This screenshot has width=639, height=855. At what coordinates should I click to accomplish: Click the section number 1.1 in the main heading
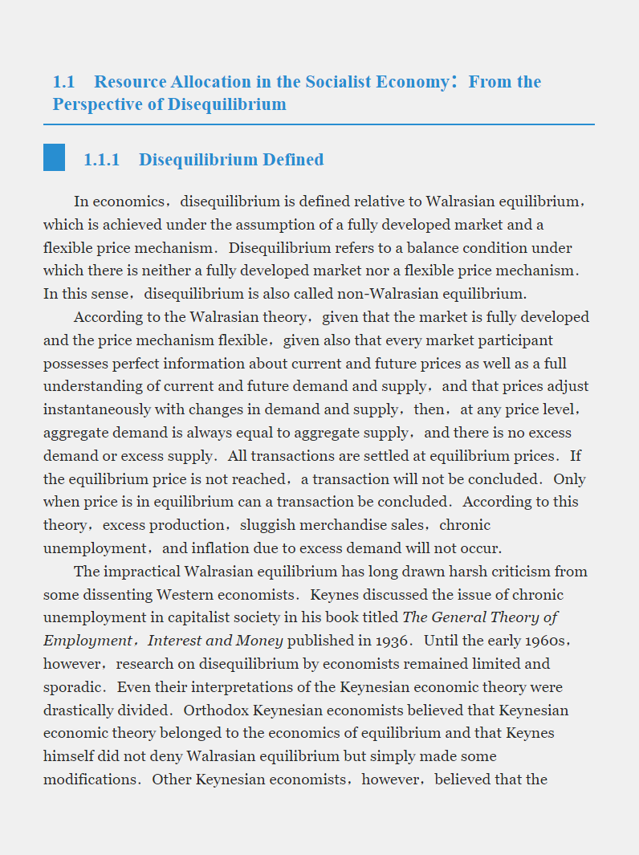click(63, 82)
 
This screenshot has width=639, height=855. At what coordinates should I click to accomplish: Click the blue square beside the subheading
click(54, 157)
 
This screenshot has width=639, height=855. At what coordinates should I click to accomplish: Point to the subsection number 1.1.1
click(101, 160)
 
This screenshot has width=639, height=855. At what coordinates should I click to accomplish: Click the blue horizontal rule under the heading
click(319, 124)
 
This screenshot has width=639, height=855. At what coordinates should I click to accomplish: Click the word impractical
click(143, 572)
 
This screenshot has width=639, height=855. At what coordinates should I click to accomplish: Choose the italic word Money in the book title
click(259, 641)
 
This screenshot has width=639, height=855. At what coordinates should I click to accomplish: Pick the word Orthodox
click(214, 710)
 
